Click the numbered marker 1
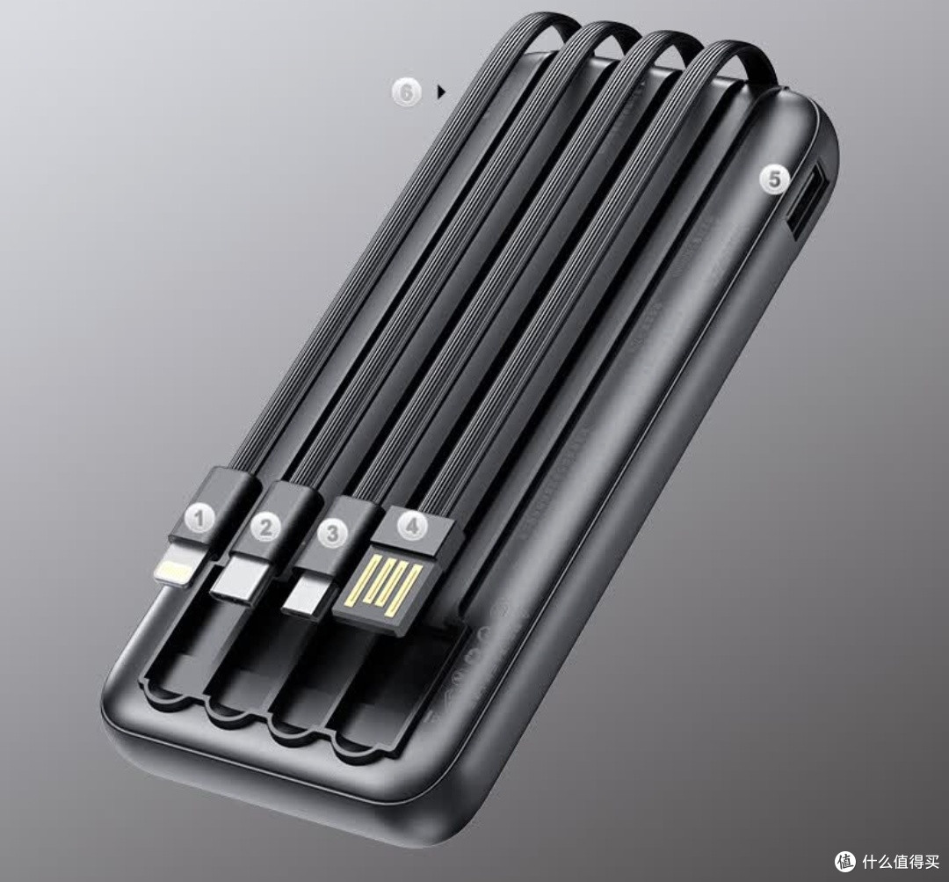tap(199, 519)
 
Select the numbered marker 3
tap(332, 533)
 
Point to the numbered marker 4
tap(412, 525)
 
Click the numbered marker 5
tap(775, 179)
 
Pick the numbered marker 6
tap(406, 92)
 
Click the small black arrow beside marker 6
tap(442, 92)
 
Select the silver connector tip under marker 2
tap(243, 578)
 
